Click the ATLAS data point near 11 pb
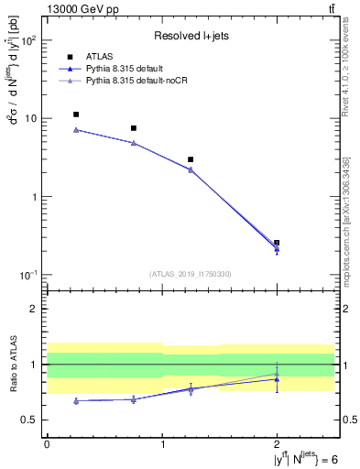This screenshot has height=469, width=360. point(76,115)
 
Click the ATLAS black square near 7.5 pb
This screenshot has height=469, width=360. point(134,128)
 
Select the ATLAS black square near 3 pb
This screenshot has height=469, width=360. point(191,159)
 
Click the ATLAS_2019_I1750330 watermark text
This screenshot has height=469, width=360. point(190,273)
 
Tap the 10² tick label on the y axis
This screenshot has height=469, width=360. point(28,41)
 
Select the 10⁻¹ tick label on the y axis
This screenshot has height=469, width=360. point(28,276)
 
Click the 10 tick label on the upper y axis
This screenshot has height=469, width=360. point(30,119)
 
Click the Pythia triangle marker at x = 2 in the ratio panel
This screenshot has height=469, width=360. point(277,378)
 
